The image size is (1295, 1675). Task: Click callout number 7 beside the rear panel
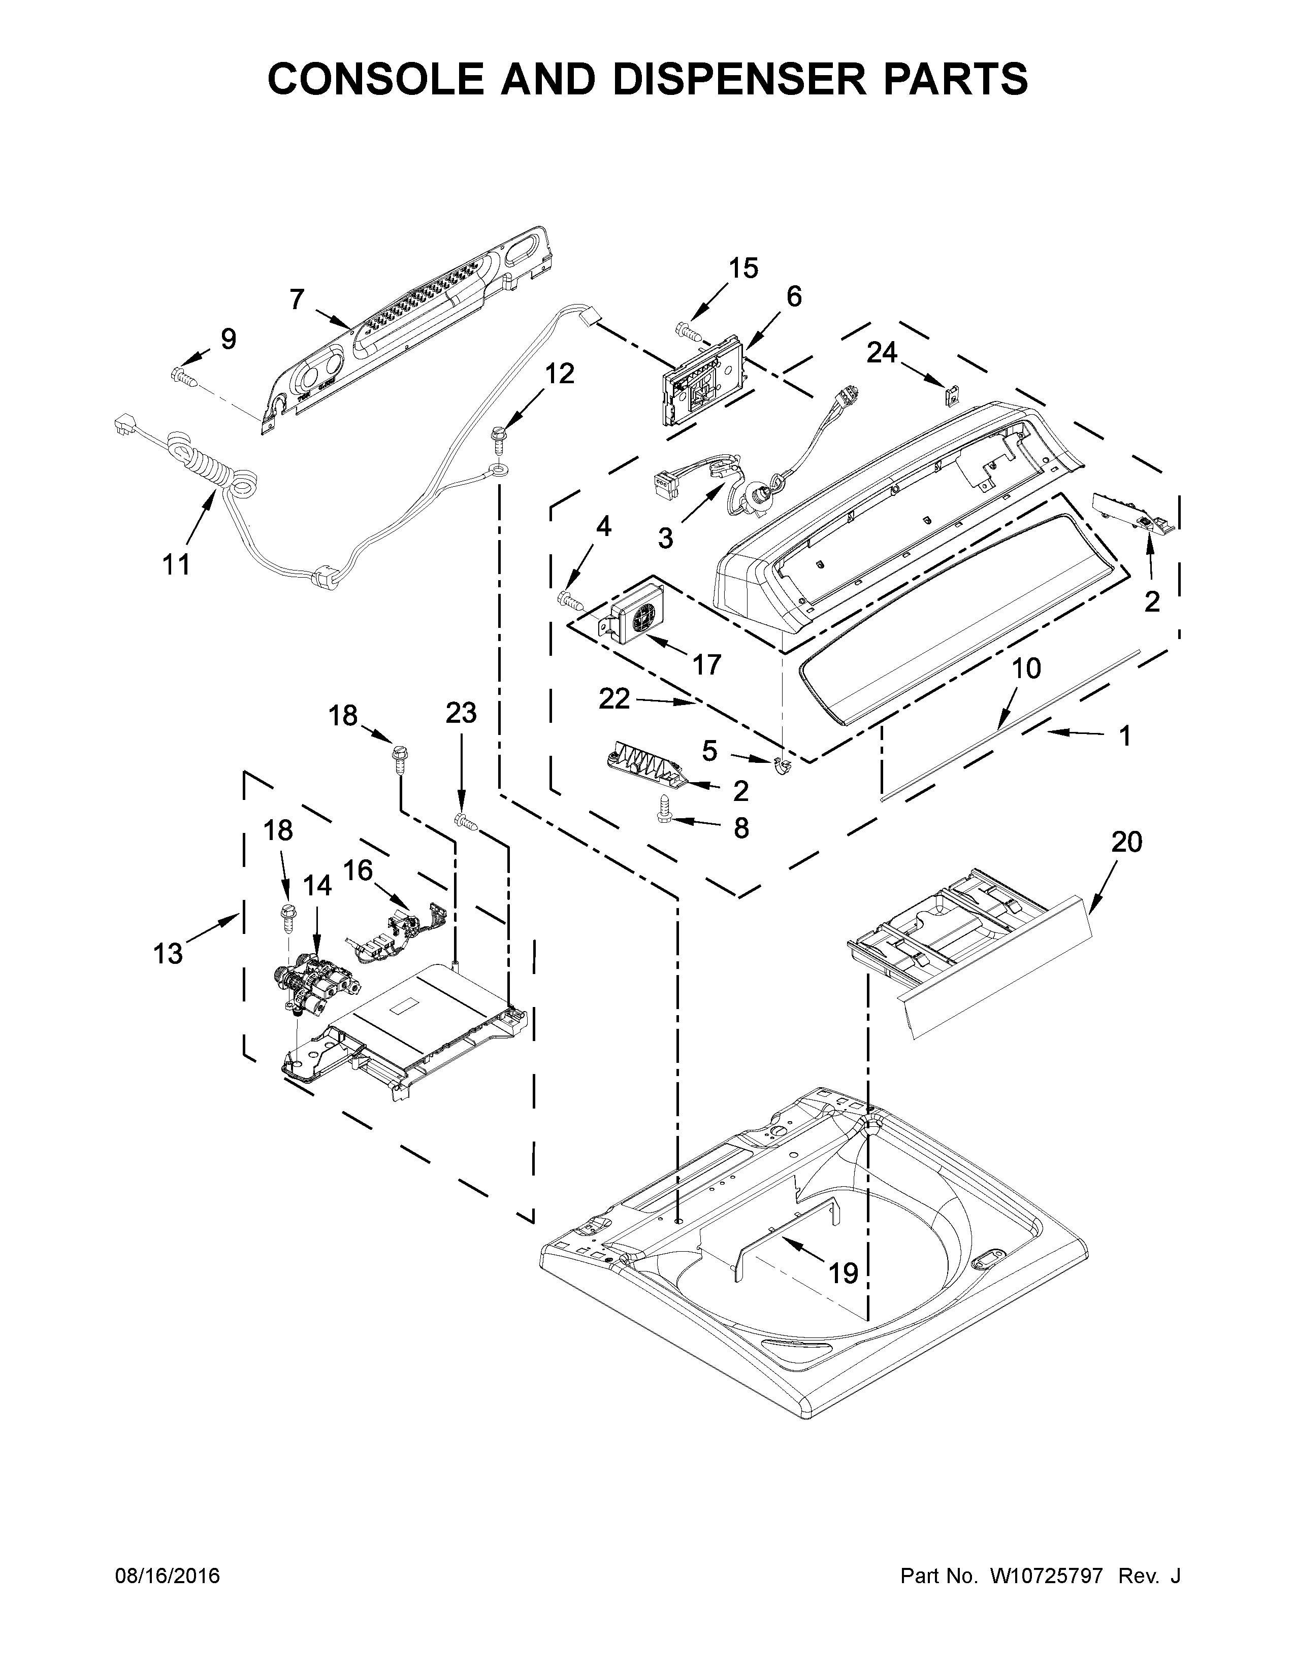click(298, 299)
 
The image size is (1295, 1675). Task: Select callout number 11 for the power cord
click(176, 565)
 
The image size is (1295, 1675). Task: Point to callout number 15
click(742, 269)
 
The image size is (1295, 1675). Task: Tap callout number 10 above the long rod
click(1026, 669)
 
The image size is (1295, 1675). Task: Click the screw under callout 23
click(466, 821)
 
